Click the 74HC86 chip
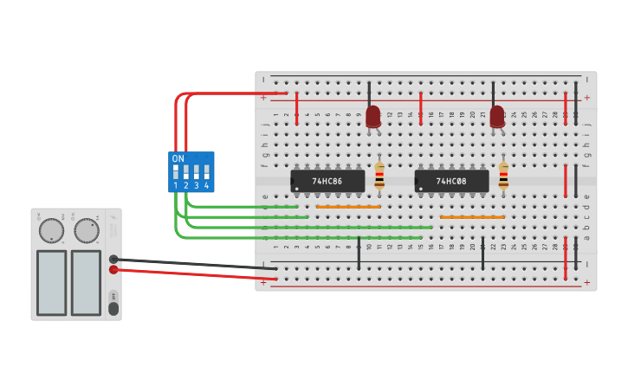327,181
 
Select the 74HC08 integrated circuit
451,181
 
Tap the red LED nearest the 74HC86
373,116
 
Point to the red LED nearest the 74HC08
497,116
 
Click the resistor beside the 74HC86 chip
379,177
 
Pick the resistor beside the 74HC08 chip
503,177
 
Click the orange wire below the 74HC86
348,207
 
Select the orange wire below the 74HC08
472,217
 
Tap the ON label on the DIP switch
178,159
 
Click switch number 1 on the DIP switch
176,171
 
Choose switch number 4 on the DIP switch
206,171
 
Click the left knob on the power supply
51,230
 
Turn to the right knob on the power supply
86,230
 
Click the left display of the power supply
51,282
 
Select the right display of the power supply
86,282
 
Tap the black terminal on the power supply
113,259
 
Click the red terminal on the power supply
113,270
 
